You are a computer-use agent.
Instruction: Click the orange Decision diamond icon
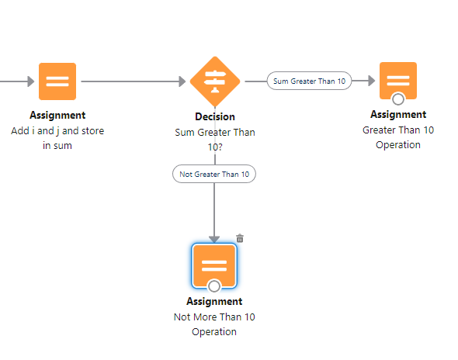215,81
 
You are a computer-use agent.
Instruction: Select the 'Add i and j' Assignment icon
57,81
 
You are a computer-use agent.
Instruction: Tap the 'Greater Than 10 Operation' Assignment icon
398,81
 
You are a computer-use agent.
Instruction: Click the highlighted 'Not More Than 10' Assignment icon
214,265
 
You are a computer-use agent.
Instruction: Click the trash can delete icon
240,238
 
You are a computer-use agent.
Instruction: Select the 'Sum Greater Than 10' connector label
309,81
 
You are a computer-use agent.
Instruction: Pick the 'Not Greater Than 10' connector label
214,174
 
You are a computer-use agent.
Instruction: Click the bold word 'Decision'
215,117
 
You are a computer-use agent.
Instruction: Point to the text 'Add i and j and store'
57,131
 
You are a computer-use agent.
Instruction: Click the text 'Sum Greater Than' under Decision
215,132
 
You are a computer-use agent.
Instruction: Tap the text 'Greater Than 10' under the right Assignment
398,130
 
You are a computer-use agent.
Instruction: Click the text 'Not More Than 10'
214,317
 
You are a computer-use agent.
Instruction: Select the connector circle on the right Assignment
398,99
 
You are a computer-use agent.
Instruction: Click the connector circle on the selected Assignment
214,286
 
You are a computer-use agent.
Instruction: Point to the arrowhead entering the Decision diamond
182,81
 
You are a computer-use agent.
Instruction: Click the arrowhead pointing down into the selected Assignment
214,240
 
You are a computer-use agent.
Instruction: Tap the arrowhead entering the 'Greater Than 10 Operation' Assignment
372,81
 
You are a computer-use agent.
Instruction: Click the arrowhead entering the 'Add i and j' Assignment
31,81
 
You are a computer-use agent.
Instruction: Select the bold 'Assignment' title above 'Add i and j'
57,115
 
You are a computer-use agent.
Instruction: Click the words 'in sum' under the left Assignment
57,145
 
